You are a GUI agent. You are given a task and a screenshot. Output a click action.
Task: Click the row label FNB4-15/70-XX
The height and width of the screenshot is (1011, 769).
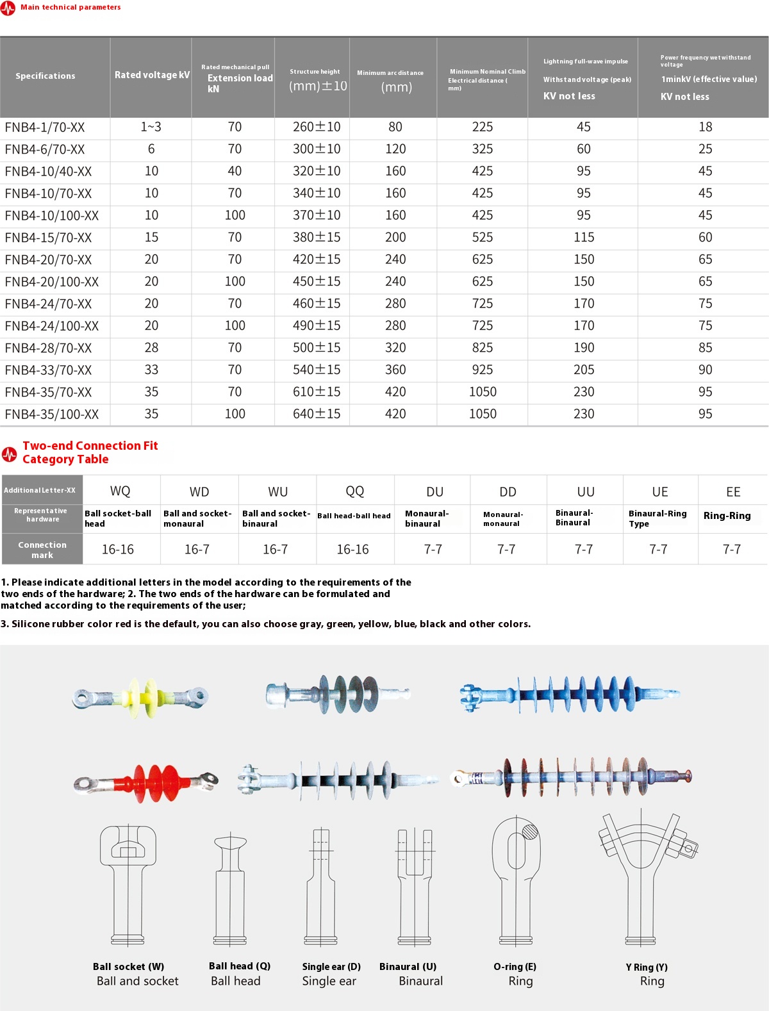point(48,238)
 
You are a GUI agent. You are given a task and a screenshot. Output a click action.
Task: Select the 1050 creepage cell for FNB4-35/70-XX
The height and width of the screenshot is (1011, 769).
point(483,392)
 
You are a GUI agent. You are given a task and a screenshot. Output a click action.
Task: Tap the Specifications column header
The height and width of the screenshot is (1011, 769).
point(45,76)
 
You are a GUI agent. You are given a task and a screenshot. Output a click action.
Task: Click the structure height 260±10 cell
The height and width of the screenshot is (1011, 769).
point(317,127)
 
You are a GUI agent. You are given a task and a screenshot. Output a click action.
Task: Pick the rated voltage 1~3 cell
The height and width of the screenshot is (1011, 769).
point(151,127)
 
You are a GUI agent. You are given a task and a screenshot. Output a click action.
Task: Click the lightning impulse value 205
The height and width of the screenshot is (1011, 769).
point(584,370)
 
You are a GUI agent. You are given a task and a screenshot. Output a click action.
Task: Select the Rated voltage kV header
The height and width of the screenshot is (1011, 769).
point(152,75)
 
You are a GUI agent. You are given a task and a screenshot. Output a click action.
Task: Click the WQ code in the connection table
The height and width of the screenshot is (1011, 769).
point(120,491)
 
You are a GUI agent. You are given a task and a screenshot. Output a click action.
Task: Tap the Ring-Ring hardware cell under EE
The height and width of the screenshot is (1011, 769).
point(727,516)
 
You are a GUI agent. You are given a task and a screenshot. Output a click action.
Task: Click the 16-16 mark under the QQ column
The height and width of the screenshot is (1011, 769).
point(352,550)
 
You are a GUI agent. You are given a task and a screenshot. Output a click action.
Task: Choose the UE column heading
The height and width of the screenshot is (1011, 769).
point(660,492)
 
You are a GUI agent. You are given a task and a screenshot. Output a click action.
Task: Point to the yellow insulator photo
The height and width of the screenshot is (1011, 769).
point(141,697)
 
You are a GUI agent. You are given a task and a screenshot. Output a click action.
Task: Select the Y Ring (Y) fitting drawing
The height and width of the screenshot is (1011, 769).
point(647,878)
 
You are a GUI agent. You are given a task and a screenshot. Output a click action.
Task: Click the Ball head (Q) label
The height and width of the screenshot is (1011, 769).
point(240,966)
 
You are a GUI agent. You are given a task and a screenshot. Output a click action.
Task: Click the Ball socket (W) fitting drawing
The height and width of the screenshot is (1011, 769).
point(128,884)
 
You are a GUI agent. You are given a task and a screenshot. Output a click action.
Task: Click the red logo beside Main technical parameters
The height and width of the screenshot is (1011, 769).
point(8,8)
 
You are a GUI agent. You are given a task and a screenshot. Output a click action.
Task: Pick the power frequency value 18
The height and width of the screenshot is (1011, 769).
point(705,127)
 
